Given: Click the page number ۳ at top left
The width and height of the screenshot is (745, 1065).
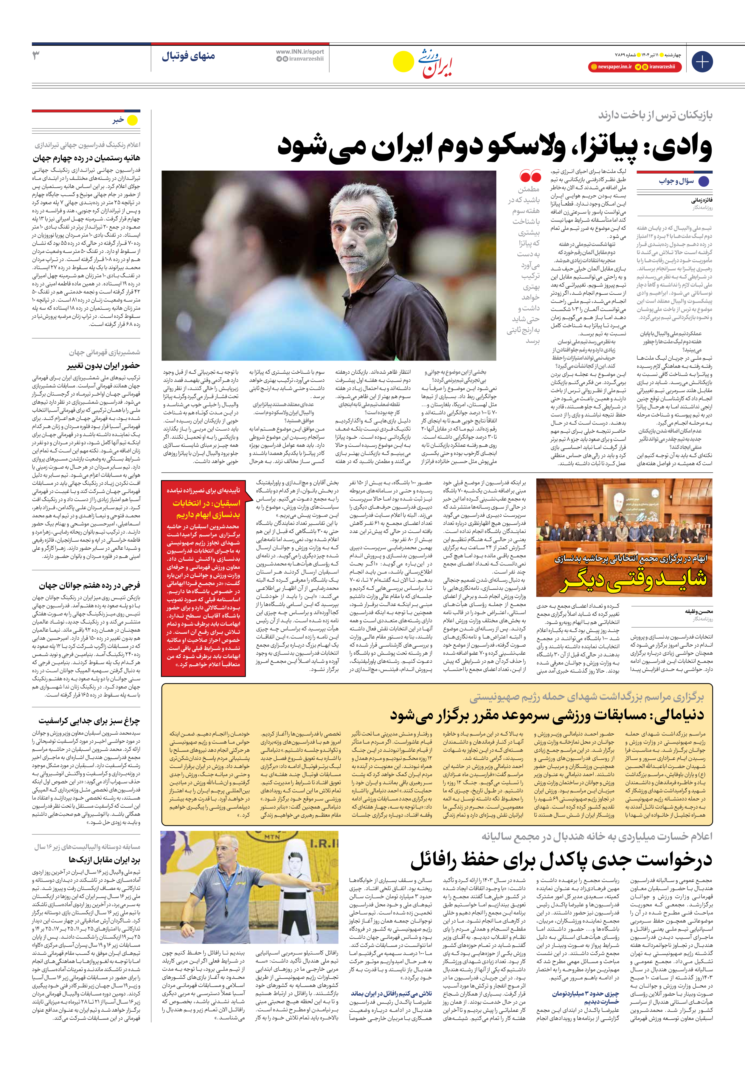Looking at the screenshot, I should click(36, 56).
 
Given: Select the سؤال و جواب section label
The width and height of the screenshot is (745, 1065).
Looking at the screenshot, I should click(676, 181).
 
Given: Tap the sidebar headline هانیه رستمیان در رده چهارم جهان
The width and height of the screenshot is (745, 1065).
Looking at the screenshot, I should click(86, 158).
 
